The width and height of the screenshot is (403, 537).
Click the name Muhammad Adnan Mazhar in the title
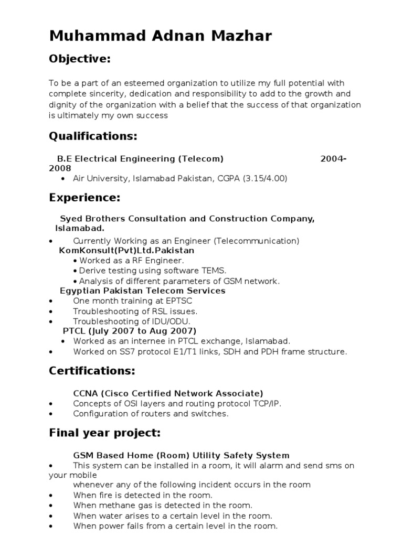(x=161, y=36)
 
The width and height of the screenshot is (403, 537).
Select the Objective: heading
(x=80, y=59)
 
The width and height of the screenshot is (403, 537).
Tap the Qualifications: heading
(x=93, y=136)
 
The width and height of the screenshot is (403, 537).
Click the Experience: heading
(x=84, y=198)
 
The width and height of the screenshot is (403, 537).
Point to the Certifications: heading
(x=92, y=371)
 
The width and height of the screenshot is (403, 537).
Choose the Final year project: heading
(x=104, y=433)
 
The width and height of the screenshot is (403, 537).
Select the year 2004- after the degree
(x=333, y=158)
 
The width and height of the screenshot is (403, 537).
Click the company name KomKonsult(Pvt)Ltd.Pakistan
(x=126, y=251)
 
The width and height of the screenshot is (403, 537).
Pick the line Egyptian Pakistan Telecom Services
(x=143, y=291)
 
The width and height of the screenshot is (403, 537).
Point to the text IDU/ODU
(x=173, y=321)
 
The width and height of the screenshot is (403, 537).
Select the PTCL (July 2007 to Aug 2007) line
(x=129, y=331)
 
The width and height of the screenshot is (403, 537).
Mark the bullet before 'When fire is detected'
(x=51, y=495)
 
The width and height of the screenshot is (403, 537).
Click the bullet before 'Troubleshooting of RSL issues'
(x=51, y=311)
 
